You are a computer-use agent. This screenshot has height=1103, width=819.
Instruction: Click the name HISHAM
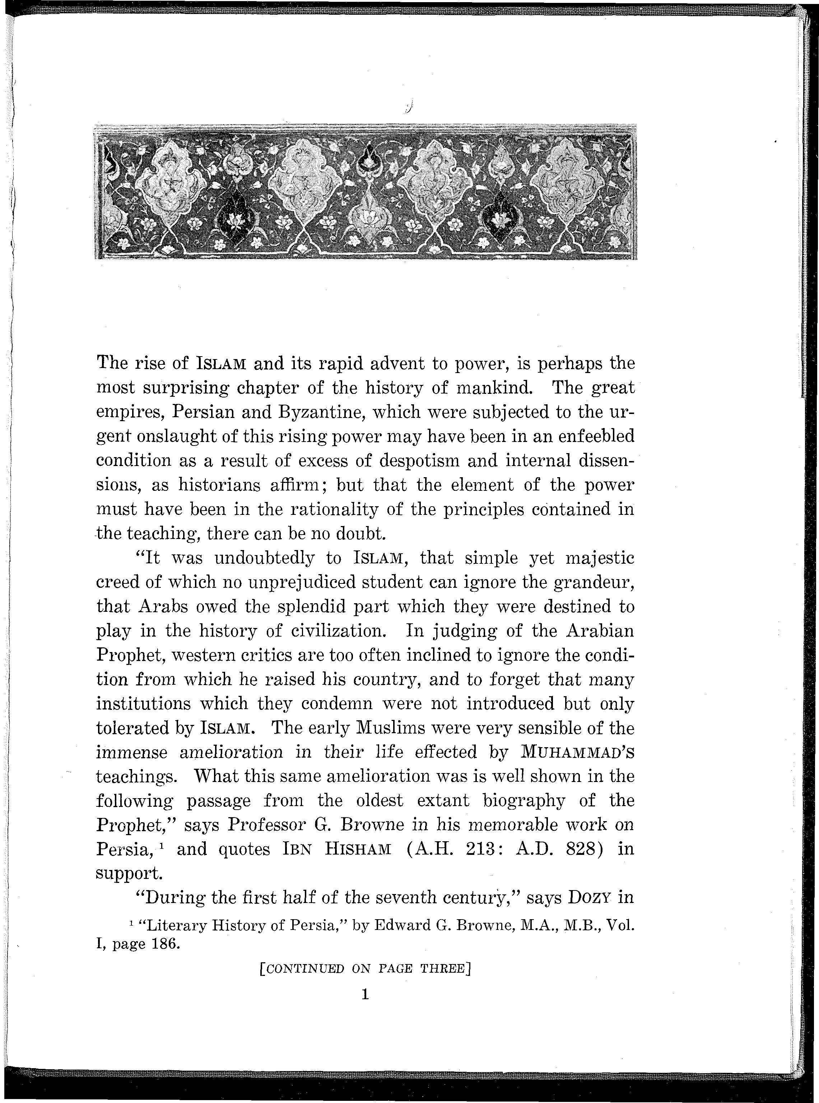[358, 849]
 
